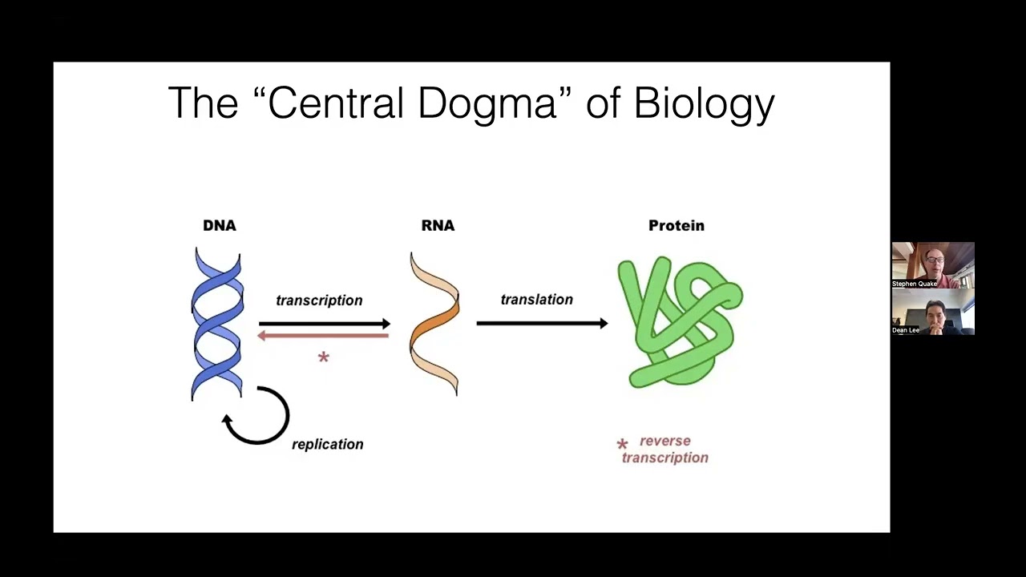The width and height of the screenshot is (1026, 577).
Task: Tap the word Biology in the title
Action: pyautogui.click(x=704, y=104)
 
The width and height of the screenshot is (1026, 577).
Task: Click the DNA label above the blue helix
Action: pyautogui.click(x=220, y=225)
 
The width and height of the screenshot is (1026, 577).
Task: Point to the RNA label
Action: pyautogui.click(x=438, y=225)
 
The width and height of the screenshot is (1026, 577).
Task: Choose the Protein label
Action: pyautogui.click(x=676, y=225)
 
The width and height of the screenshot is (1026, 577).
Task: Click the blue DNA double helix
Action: pyautogui.click(x=217, y=325)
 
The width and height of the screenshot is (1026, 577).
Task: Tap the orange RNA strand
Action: pyautogui.click(x=434, y=324)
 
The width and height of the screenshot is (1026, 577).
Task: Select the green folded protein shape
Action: pyautogui.click(x=681, y=322)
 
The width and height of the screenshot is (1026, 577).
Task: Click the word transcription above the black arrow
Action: pyautogui.click(x=319, y=301)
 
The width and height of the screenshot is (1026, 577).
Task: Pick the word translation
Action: pyautogui.click(x=536, y=300)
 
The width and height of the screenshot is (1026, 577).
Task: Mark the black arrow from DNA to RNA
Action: pyautogui.click(x=325, y=324)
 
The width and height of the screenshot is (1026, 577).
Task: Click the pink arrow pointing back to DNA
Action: pyautogui.click(x=323, y=336)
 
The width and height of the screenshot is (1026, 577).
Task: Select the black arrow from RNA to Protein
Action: pyautogui.click(x=543, y=323)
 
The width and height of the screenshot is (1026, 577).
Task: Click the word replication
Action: pyautogui.click(x=328, y=444)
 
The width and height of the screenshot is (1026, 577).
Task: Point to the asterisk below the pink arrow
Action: pyautogui.click(x=323, y=357)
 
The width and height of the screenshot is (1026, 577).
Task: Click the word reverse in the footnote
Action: pyautogui.click(x=665, y=441)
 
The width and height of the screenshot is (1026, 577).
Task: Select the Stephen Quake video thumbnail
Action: pyautogui.click(x=933, y=265)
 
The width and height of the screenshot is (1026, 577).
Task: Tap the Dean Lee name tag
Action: pyautogui.click(x=906, y=330)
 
